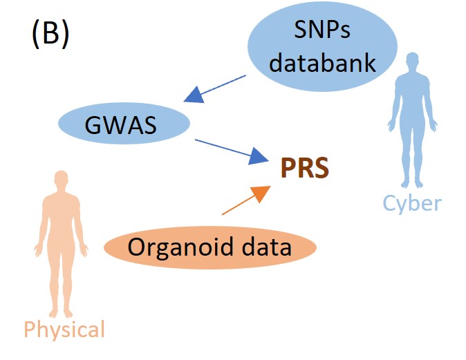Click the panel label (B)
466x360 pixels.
point(50,35)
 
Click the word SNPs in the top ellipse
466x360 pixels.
point(322,31)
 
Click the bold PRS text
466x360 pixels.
point(305,168)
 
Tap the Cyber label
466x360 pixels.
point(412,202)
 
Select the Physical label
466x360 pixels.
point(64,329)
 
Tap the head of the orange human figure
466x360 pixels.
point(62,182)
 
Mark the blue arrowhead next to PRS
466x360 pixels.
point(259,158)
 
